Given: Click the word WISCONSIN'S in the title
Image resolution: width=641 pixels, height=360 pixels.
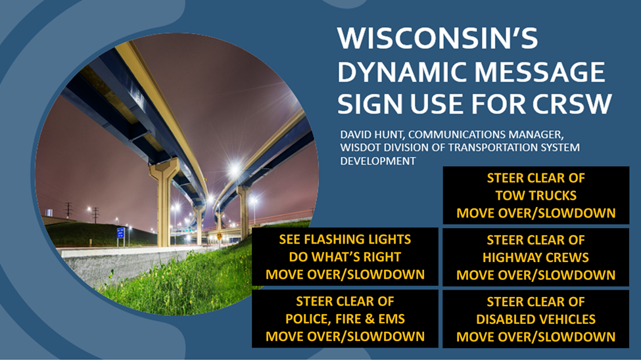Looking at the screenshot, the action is (x=437, y=38).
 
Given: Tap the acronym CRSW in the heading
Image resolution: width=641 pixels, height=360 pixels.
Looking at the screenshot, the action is (x=572, y=104).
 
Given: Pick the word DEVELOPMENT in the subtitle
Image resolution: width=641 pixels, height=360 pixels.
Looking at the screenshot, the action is (x=378, y=161).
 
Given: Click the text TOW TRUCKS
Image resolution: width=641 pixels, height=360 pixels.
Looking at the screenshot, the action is (x=536, y=196).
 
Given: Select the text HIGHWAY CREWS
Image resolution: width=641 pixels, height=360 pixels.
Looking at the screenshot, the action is (x=536, y=258).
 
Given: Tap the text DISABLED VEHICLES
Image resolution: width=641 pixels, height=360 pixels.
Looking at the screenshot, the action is (x=536, y=319).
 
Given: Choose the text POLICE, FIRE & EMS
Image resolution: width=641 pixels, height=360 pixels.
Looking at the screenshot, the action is (x=345, y=319).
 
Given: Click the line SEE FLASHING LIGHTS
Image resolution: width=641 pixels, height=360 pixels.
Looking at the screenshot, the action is (x=345, y=240).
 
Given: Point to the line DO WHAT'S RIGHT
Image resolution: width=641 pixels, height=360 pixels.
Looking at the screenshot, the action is (x=345, y=257).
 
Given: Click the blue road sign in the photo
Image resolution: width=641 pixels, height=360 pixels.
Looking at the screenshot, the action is (x=120, y=233).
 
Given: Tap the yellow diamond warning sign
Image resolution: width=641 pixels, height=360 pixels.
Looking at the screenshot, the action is (x=220, y=236).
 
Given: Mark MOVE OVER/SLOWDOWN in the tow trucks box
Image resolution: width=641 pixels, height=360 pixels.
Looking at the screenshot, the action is (x=536, y=214).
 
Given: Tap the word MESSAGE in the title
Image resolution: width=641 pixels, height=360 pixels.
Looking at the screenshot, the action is (x=539, y=72).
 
